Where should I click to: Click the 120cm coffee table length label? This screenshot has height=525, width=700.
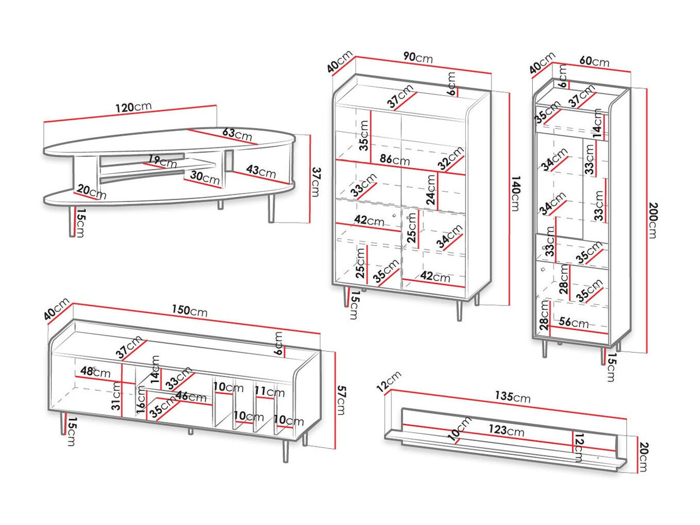click(134, 107)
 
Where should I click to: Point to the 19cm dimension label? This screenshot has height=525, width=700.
click(161, 160)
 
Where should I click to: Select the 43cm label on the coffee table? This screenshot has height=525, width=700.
click(261, 171)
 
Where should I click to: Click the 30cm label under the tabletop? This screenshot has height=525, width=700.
click(205, 179)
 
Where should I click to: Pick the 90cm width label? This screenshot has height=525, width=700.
click(417, 58)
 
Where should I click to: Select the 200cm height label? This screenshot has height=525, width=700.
click(652, 220)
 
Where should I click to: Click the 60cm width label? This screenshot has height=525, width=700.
click(594, 62)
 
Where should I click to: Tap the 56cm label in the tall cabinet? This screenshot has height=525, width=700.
click(573, 323)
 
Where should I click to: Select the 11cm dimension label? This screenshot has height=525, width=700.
click(270, 392)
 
